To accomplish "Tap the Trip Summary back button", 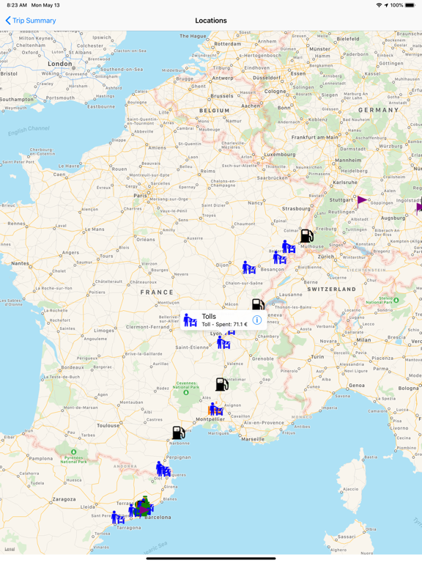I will point(31,21).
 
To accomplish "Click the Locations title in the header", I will point(211,21).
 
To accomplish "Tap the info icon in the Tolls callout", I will point(257,320).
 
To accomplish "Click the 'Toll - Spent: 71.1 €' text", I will point(224,324).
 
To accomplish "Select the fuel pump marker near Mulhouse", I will point(307,235).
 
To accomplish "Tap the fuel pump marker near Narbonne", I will point(179,433).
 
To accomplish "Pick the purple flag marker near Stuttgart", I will point(362,199).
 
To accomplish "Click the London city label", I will point(59,64).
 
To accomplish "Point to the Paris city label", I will point(140,196).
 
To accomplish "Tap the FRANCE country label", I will point(158,292).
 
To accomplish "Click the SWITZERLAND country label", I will point(331,289).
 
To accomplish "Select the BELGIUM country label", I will point(215,111).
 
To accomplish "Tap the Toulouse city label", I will point(108,425).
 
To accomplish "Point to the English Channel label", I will point(29,131).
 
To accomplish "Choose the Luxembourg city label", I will point(280,155).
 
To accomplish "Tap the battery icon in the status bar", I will point(412,5).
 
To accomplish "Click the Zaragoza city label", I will point(64,498).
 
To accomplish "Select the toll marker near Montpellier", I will point(216,409).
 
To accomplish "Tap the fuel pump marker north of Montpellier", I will point(222,383).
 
